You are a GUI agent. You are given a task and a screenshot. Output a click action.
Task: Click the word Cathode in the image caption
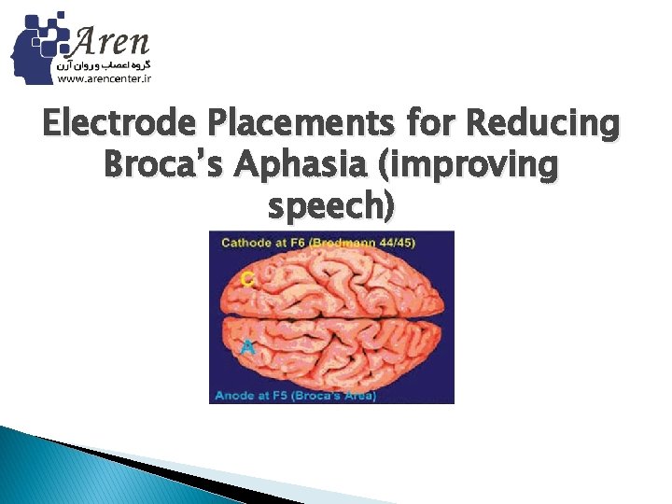[245, 243]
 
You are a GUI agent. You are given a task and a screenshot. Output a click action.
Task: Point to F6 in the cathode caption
[298, 243]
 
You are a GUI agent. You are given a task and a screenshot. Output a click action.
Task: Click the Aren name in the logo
[110, 40]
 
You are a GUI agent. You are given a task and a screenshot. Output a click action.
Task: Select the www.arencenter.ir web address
[105, 79]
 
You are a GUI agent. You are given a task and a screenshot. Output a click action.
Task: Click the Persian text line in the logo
[105, 65]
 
